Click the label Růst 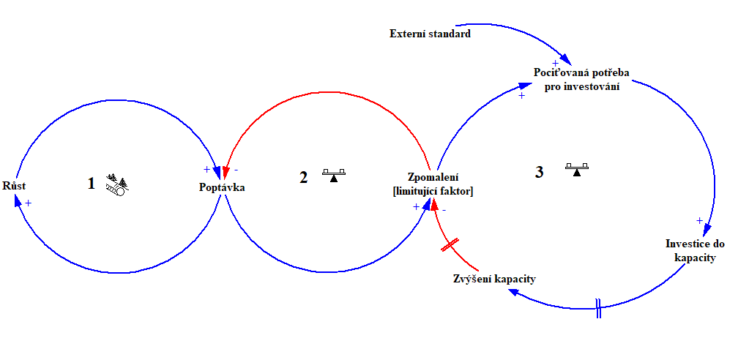(15, 186)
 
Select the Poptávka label (222, 188)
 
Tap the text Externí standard (430, 34)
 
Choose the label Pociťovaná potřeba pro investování (581, 79)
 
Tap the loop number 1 (92, 183)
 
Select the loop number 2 (303, 177)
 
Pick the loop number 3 (540, 173)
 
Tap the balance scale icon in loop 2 (334, 175)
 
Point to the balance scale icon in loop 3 (578, 169)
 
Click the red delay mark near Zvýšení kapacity (450, 245)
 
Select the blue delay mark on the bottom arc (598, 308)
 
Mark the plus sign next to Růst (28, 203)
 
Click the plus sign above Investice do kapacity (699, 220)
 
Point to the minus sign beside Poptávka (235, 170)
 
